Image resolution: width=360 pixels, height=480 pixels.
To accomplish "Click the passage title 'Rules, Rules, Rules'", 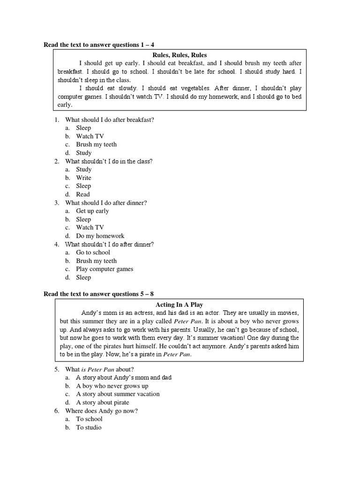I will tap(180, 55).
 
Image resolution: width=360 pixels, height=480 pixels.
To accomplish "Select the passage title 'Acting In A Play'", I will tap(180, 305).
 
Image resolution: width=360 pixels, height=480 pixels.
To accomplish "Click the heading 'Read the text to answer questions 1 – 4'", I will tap(99, 45).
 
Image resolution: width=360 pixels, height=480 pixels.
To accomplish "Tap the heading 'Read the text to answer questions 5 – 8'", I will tap(99, 294).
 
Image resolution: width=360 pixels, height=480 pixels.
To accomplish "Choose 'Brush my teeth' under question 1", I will tap(97, 144).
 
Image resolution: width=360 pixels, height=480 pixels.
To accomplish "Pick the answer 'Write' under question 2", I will tap(84, 178).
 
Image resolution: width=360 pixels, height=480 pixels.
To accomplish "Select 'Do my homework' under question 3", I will tap(100, 236).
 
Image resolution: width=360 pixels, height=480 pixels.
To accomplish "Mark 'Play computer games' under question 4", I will tap(105, 269).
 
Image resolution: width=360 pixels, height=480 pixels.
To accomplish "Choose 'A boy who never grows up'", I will tap(112, 386).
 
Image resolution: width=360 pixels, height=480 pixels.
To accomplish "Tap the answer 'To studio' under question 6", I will tap(89, 427).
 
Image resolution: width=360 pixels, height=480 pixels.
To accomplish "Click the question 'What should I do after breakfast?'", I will tap(110, 120).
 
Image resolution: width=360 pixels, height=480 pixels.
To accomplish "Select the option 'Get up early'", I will tap(92, 211).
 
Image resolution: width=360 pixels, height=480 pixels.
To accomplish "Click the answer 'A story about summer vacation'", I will tap(118, 394).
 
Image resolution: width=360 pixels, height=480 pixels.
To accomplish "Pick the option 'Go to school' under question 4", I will tap(93, 252).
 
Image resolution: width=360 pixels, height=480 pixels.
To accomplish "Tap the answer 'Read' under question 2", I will tap(83, 194).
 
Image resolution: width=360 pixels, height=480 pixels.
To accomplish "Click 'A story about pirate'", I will tap(103, 403).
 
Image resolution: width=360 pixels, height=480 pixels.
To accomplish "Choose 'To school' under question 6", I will tap(89, 419).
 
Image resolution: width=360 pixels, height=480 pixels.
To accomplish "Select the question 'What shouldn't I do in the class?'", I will tap(109, 161).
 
